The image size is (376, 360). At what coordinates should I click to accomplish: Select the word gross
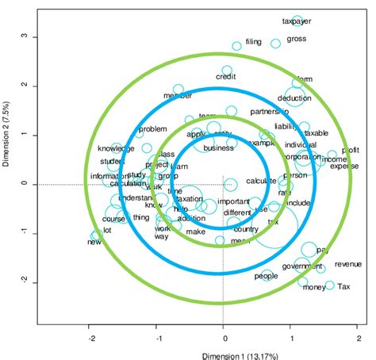pyautogui.click(x=296, y=38)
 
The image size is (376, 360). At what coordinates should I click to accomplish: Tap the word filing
pyautogui.click(x=253, y=41)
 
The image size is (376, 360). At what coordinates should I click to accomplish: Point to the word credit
pyautogui.click(x=227, y=77)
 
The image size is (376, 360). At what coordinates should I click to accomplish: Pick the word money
pyautogui.click(x=313, y=287)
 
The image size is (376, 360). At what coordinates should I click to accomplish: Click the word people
pyautogui.click(x=266, y=276)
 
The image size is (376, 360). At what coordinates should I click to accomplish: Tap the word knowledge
pyautogui.click(x=116, y=148)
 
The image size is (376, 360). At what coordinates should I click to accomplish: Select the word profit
pyautogui.click(x=350, y=150)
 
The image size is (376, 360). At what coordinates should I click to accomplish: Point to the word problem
pyautogui.click(x=153, y=129)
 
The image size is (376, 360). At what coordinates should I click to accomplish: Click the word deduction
pyautogui.click(x=294, y=98)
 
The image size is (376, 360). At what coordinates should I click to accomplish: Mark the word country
pyautogui.click(x=247, y=229)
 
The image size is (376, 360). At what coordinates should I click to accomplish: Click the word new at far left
pyautogui.click(x=94, y=242)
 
